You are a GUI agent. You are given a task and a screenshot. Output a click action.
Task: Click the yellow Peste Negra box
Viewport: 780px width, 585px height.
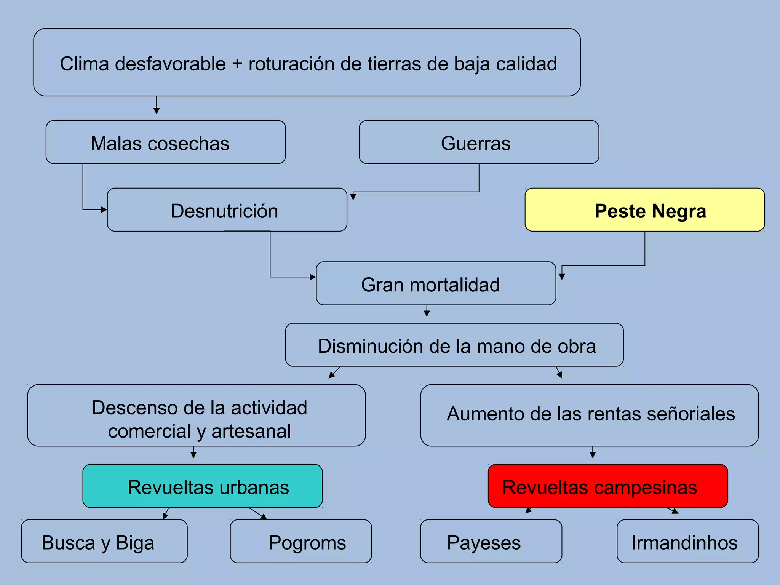tap(644, 210)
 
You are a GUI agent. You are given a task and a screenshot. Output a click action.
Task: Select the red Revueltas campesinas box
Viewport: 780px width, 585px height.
tap(607, 486)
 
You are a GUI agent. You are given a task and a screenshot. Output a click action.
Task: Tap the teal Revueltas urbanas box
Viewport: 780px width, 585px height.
tap(202, 486)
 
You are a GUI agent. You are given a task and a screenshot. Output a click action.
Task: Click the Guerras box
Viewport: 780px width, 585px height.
tap(479, 142)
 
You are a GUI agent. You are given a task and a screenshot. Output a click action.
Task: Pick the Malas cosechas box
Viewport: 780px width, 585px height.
tap(166, 142)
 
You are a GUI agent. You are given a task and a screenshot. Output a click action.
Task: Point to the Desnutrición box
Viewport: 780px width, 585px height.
tap(227, 210)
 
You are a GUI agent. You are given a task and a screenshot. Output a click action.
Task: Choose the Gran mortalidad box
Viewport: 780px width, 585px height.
tap(436, 283)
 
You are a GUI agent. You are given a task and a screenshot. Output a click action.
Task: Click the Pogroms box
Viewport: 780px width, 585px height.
tap(300, 541)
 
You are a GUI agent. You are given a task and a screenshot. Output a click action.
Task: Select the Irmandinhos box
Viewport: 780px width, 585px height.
tap(687, 541)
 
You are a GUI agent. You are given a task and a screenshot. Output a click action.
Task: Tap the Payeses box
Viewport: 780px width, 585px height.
tap(491, 541)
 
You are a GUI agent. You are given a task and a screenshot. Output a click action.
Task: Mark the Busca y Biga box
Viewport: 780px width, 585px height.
tap(104, 541)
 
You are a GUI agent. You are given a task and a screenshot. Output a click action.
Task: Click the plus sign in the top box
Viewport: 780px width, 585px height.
tap(237, 63)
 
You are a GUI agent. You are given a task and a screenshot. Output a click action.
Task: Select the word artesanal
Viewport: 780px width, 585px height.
tap(251, 432)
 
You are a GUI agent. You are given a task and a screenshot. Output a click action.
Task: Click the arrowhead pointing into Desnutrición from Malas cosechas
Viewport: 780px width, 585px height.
tap(104, 209)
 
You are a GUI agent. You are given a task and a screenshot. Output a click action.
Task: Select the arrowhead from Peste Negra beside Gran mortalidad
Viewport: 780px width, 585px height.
tap(562, 277)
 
